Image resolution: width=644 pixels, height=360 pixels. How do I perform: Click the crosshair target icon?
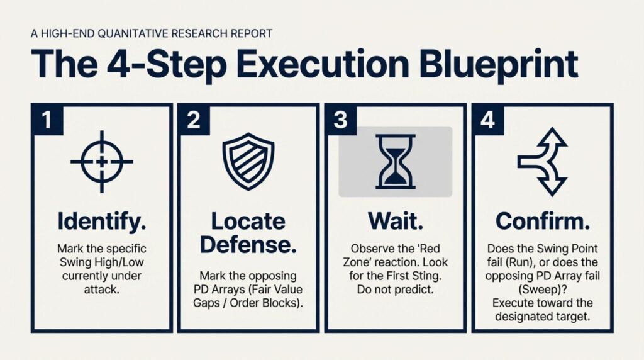pos(102,162)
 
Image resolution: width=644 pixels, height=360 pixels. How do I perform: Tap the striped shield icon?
pos(248,161)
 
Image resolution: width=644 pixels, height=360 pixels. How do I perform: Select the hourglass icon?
pos(395,162)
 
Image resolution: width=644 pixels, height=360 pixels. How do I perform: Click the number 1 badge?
pos(47,120)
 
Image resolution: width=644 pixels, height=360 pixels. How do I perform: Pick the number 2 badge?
pos(194,120)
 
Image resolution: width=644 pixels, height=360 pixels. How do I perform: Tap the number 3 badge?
pos(341,120)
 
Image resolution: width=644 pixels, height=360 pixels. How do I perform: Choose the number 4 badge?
pos(488,120)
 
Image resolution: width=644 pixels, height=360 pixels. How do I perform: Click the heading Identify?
pos(102,222)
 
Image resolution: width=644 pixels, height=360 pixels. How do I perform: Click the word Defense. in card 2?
pos(248,245)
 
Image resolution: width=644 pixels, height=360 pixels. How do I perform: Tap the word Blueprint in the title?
pos(499,64)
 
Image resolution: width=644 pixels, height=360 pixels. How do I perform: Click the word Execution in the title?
pos(323,64)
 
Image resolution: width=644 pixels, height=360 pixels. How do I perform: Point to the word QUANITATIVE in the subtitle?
pos(133,33)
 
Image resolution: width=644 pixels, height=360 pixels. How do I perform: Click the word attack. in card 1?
pos(101,290)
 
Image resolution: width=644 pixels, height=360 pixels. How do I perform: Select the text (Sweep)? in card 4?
pos(542,290)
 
